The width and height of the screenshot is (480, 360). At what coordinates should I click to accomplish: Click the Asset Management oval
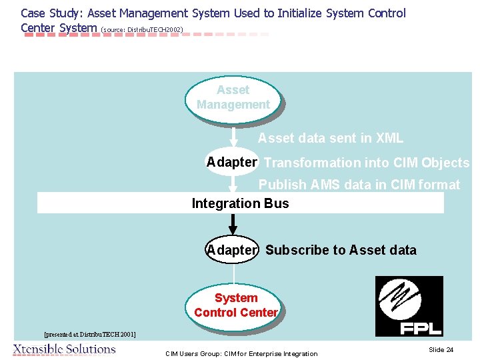[x=233, y=98]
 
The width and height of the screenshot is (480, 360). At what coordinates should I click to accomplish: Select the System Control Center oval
[x=235, y=305]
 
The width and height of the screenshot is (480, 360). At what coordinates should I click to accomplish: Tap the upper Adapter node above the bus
[x=231, y=162]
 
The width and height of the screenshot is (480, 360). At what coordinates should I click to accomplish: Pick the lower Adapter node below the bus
[x=231, y=250]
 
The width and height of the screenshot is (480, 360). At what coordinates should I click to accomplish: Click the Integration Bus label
[x=240, y=203]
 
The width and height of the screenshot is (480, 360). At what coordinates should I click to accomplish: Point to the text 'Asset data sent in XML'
[x=331, y=139]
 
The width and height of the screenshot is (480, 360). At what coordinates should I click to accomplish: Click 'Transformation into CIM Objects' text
[x=367, y=163]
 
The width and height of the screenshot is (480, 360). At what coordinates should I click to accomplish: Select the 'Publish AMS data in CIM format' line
[x=359, y=185]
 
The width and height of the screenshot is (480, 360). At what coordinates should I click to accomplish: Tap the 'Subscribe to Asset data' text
[x=341, y=250]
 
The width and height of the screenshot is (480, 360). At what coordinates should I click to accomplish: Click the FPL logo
[x=409, y=306]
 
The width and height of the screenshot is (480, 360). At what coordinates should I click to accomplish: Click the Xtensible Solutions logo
[x=64, y=349]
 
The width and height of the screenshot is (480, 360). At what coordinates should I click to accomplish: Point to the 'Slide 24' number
[x=441, y=349]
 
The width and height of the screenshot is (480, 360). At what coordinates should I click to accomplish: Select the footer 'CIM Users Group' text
[x=241, y=353]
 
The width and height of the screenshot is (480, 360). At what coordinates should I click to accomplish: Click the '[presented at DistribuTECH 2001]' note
[x=89, y=333]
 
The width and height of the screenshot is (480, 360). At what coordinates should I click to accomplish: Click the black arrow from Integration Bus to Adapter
[x=233, y=225]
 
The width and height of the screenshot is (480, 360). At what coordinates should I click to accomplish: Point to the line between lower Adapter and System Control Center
[x=234, y=274]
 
